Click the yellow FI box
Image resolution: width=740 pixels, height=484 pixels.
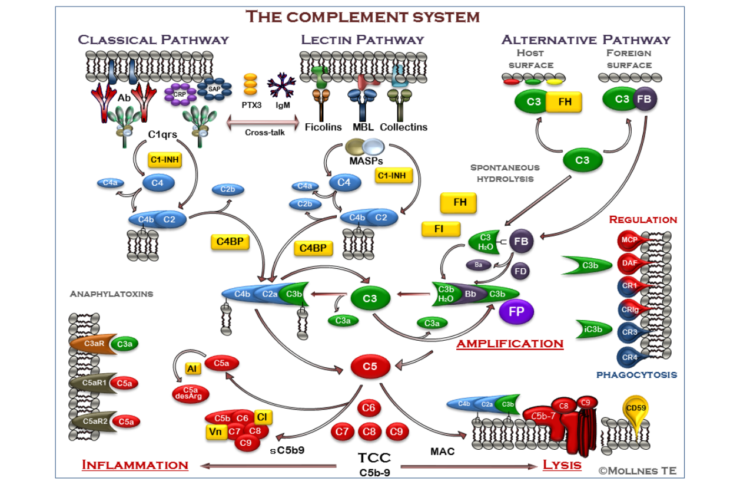pos(438,229)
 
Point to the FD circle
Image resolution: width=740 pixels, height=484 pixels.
pos(520,271)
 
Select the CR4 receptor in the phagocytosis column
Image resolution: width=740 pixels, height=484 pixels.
pos(631,357)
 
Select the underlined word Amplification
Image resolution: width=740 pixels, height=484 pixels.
pos(510,344)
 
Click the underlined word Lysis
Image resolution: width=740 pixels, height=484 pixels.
pos(562,465)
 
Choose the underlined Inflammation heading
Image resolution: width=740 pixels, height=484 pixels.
pos(135,465)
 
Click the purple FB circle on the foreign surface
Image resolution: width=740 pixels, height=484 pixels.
pos(644,100)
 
